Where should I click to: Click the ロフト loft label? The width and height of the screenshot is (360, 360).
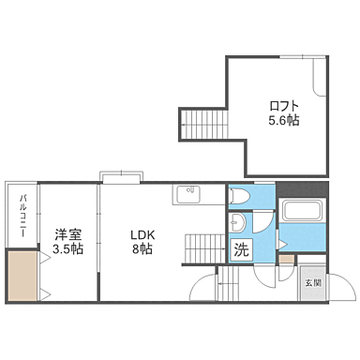pyautogui.click(x=285, y=105)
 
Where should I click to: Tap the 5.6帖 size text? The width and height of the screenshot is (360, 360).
pyautogui.click(x=285, y=120)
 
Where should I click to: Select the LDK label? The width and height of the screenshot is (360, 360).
pyautogui.click(x=142, y=234)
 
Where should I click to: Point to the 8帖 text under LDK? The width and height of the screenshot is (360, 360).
pyautogui.click(x=142, y=249)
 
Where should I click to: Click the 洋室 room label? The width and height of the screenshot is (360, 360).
pyautogui.click(x=67, y=234)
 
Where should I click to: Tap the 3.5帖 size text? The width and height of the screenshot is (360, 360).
pyautogui.click(x=67, y=249)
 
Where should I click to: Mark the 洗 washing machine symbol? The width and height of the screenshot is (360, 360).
pyautogui.click(x=241, y=250)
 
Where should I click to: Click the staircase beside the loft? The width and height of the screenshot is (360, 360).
pyautogui.click(x=200, y=123)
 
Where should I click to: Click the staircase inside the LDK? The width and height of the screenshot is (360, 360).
pyautogui.click(x=203, y=248)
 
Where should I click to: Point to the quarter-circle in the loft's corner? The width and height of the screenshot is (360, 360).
pyautogui.click(x=322, y=85)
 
